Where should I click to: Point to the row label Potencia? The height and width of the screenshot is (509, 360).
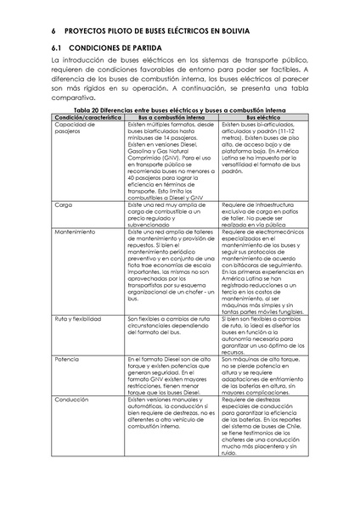66,359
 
